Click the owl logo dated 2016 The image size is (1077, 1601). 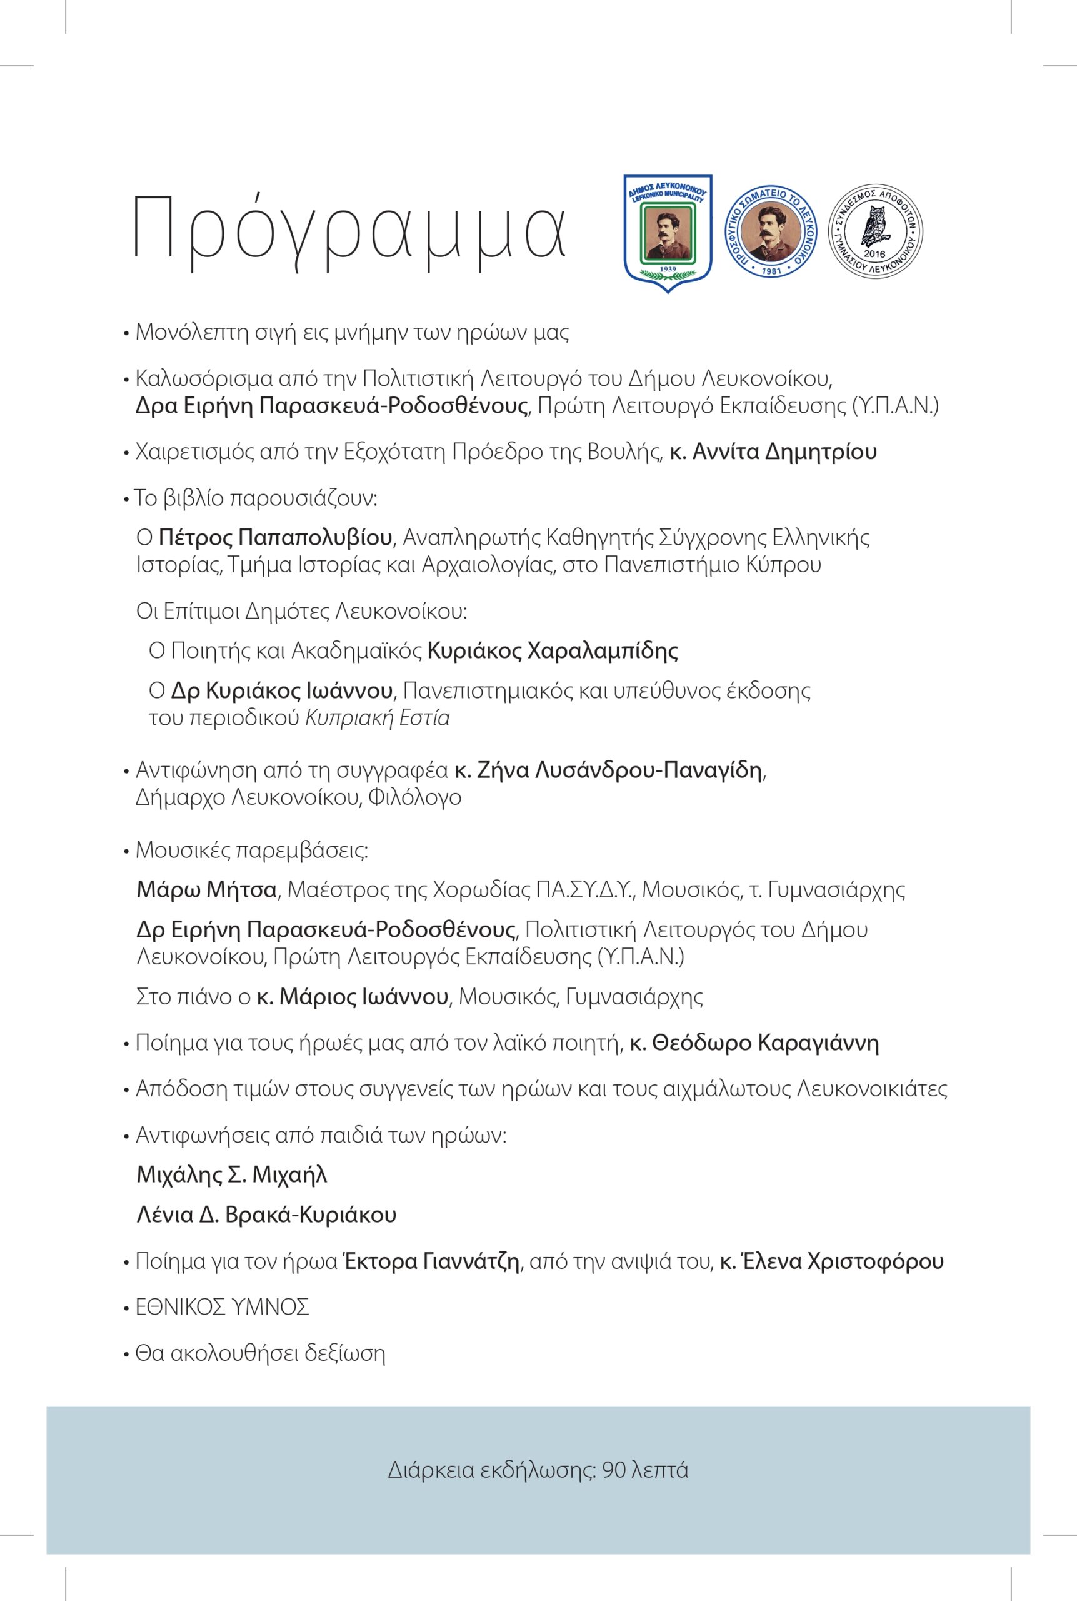(x=876, y=232)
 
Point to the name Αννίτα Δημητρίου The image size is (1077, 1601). (x=784, y=453)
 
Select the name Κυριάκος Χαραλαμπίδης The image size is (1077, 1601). (x=553, y=650)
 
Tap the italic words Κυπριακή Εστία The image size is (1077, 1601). (x=377, y=718)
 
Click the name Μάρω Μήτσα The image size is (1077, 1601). (x=206, y=890)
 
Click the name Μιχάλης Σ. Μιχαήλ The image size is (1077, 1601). (x=232, y=1175)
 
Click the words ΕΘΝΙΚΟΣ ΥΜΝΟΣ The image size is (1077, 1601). (x=223, y=1307)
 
